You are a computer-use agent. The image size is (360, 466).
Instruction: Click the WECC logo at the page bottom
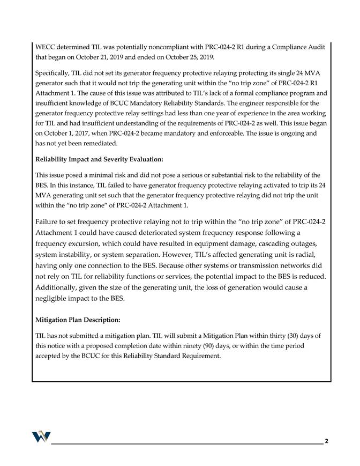41,435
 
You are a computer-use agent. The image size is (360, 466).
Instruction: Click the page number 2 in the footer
326,441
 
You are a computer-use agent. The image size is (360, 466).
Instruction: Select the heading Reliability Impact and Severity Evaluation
99,159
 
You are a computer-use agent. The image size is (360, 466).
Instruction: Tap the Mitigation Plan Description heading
78,320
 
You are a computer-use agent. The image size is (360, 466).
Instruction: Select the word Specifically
54,72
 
